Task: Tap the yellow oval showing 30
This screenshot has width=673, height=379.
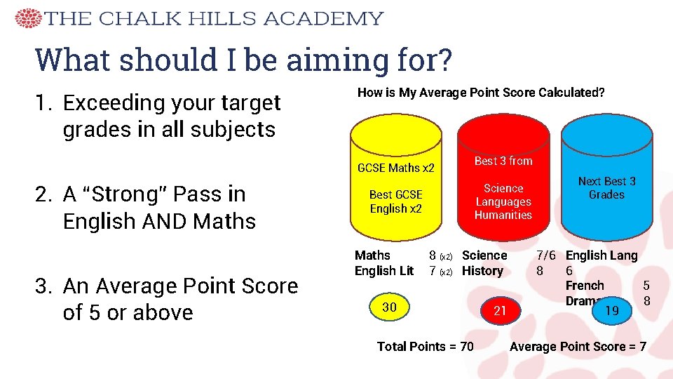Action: pos(389,307)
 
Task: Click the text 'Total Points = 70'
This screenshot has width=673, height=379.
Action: pos(425,346)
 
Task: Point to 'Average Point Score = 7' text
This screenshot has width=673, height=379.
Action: pos(578,346)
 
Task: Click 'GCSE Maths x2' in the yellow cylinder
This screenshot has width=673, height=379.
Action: pos(396,168)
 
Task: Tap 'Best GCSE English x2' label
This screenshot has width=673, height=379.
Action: pos(396,201)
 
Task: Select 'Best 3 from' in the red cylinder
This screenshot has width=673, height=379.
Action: pos(503,161)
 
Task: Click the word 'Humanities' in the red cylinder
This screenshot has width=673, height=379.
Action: pos(503,215)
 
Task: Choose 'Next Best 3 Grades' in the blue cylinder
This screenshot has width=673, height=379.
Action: pos(606,187)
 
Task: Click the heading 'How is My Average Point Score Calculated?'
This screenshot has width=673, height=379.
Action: pos(481,92)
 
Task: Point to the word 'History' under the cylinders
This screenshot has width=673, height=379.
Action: pos(483,271)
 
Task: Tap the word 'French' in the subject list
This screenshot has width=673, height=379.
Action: pos(585,286)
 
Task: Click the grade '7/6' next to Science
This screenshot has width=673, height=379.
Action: pos(548,255)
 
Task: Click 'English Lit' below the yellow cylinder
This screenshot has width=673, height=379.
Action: pos(384,271)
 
